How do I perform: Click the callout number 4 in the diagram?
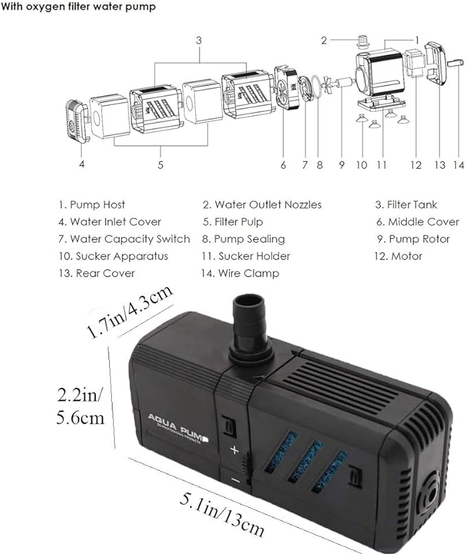[x=82, y=164]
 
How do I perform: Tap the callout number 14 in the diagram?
[x=458, y=165]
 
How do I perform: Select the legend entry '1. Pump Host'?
[x=91, y=205]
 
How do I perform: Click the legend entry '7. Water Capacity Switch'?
[x=124, y=239]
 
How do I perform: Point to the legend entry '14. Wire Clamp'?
[x=240, y=273]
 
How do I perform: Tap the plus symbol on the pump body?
[x=234, y=450]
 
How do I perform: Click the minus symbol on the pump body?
[x=235, y=480]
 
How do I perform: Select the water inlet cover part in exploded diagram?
[x=77, y=120]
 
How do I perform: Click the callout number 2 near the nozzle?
[x=323, y=40]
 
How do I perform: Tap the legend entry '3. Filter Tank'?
[x=406, y=205]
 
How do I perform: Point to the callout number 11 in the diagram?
[x=382, y=165]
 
